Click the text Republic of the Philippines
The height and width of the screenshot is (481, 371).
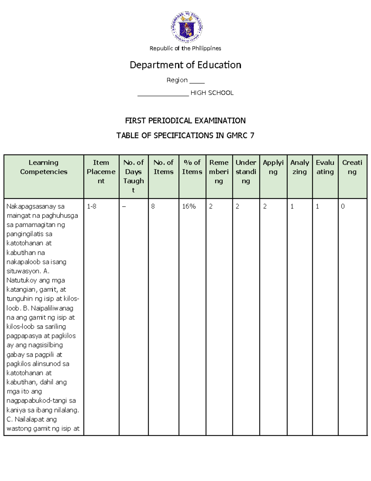click(185, 48)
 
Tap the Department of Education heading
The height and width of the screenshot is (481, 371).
click(185, 65)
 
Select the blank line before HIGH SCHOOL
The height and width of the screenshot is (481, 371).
click(163, 94)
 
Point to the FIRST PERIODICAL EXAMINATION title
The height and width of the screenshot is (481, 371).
click(185, 120)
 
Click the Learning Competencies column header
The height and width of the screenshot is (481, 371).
click(44, 167)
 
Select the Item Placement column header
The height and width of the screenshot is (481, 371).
click(101, 172)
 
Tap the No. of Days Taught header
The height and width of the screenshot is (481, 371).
click(134, 176)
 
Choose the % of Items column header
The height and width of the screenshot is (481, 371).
click(192, 167)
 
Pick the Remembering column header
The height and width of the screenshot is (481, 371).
click(219, 172)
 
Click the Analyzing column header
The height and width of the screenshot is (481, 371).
click(300, 167)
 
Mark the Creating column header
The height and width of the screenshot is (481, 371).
click(352, 167)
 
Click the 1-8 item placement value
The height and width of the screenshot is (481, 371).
click(92, 206)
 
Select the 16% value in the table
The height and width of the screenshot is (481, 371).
click(189, 206)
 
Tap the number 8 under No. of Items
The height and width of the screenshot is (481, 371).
click(153, 206)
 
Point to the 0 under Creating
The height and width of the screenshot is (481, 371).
click(343, 206)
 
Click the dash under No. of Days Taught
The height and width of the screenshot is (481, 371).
click(124, 207)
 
